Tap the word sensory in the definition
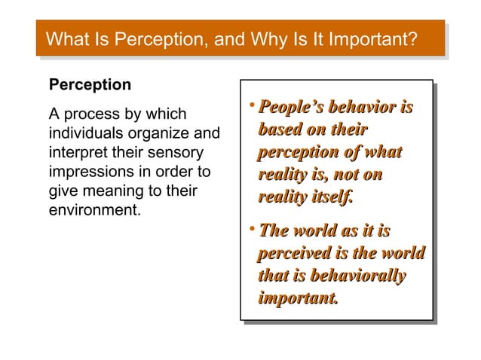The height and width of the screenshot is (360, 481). (173, 153)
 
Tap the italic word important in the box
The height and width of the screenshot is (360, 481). (296, 298)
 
